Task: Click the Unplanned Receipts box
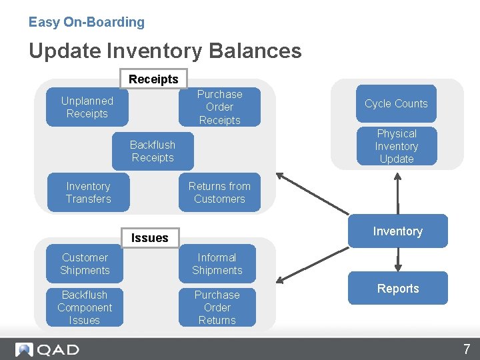(87, 107)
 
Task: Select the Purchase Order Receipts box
(219, 107)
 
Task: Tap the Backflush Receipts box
(153, 151)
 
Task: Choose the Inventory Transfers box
(88, 193)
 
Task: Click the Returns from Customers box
(219, 193)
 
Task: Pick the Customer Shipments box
(85, 264)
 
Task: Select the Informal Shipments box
(217, 264)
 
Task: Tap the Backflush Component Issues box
(85, 307)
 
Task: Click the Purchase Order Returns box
(217, 307)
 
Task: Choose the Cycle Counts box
(396, 103)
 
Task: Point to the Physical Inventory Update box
(397, 146)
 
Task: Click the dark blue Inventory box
(397, 231)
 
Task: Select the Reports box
(398, 289)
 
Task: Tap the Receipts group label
(153, 79)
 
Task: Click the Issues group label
(150, 237)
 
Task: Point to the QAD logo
(47, 349)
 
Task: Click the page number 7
(467, 349)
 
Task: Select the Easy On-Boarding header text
(87, 22)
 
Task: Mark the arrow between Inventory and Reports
(398, 259)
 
